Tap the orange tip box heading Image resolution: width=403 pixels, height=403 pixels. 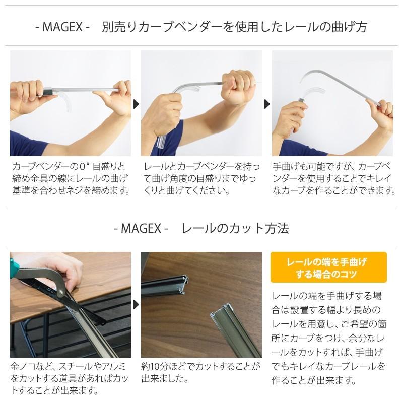[x=328, y=267]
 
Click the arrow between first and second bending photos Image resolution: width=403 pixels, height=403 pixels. [x=136, y=104]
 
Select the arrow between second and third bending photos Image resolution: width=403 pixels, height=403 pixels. [x=267, y=104]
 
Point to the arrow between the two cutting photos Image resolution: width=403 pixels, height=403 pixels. [x=136, y=305]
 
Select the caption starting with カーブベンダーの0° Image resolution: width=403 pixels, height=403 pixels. [x=71, y=179]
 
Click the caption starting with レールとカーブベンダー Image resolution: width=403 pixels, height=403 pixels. [x=201, y=179]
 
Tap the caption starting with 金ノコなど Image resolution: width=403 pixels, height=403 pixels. [x=71, y=378]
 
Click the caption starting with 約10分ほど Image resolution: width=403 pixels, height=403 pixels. [x=201, y=372]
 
